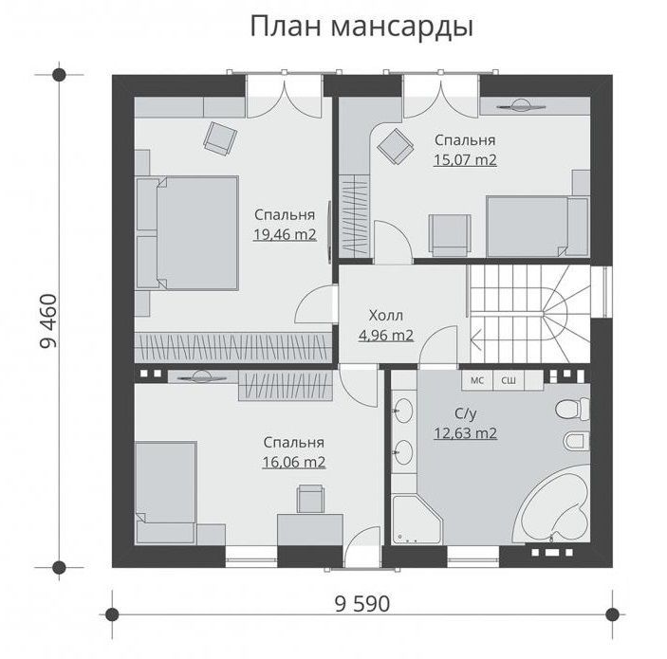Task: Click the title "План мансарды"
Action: click(361, 28)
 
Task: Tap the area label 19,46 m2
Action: click(285, 234)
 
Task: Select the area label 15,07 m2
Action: click(465, 160)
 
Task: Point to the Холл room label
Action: click(386, 316)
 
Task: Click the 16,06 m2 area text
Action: click(294, 462)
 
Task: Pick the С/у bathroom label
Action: click(465, 413)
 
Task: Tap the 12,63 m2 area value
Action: click(465, 433)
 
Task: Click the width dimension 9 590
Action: click(362, 604)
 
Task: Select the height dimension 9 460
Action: click(48, 321)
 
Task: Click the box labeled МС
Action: click(477, 380)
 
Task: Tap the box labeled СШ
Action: click(509, 380)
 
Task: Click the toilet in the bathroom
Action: click(572, 410)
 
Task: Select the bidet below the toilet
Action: click(577, 441)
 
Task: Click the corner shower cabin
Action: click(416, 520)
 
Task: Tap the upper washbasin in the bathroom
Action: click(402, 411)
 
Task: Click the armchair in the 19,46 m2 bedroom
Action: click(220, 137)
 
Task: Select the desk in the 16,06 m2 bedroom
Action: click(310, 530)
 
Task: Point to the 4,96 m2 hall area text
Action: click(386, 336)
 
